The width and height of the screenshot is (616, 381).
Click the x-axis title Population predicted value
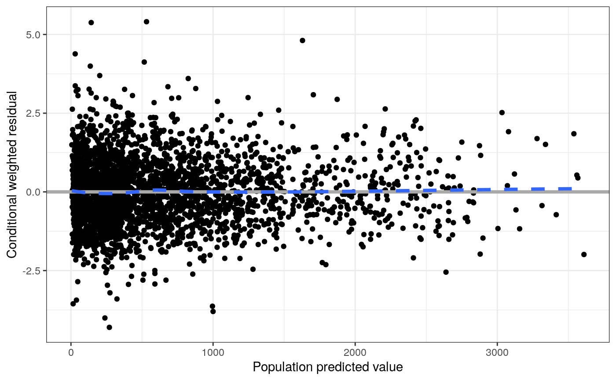point(328,367)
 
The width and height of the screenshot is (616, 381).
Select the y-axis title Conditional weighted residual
point(12,175)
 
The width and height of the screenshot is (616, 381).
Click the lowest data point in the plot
point(109,327)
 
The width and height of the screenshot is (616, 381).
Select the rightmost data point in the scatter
point(584,255)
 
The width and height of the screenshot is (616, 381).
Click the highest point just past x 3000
point(502,112)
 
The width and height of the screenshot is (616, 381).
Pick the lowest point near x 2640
point(446,272)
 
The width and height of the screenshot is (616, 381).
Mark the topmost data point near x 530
point(147,22)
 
